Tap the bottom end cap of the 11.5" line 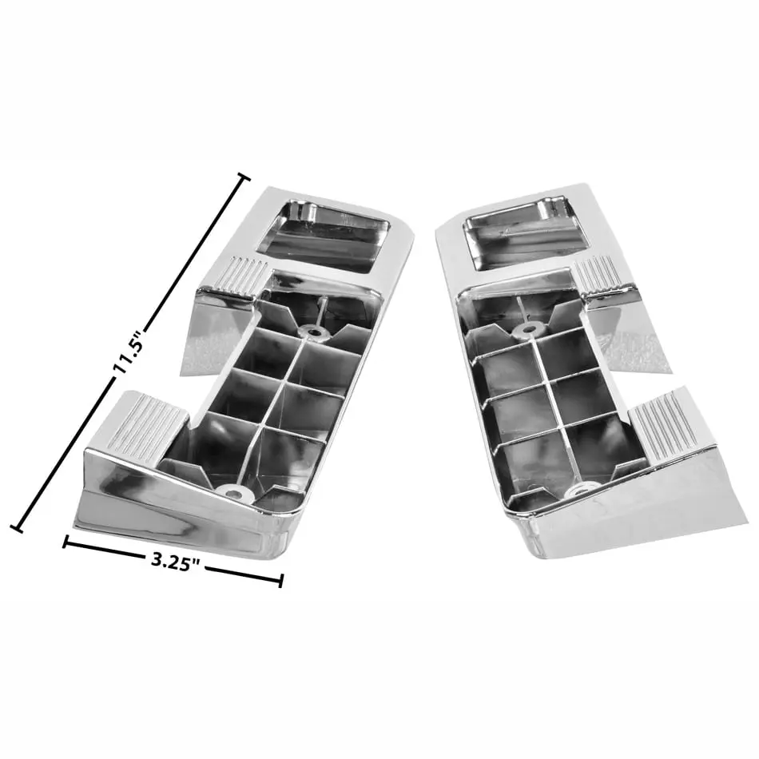tap(18, 527)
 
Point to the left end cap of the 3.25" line tap(65, 542)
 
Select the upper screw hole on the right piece tap(527, 331)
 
